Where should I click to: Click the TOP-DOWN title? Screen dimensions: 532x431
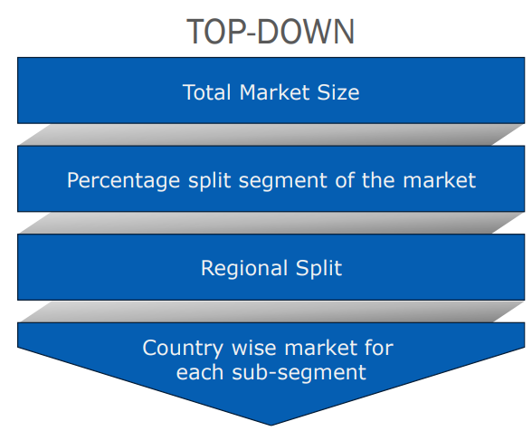271,32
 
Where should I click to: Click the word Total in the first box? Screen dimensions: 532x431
207,92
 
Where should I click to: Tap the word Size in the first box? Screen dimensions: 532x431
338,92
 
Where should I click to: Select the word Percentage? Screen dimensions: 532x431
123,181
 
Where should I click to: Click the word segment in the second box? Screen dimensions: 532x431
282,181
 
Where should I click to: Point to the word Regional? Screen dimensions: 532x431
244,269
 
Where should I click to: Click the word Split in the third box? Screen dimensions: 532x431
318,269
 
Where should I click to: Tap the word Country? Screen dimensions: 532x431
183,349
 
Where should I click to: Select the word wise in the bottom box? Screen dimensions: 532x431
253,348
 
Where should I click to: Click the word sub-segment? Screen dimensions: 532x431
299,373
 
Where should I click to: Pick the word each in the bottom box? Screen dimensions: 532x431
200,372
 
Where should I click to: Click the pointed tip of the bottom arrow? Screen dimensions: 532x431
271,425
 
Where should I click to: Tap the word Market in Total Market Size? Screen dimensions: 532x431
274,92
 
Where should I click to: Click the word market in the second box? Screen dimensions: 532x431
440,180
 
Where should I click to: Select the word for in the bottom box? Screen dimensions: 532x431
379,348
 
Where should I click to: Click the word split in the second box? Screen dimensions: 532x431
210,181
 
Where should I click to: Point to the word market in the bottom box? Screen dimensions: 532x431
320,348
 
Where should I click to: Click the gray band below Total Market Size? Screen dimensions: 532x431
271,135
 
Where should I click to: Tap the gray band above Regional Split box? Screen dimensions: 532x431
271,223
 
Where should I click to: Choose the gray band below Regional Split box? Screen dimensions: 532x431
271,311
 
